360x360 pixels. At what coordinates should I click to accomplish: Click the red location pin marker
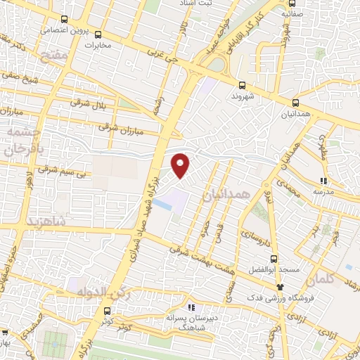pyautogui.click(x=181, y=165)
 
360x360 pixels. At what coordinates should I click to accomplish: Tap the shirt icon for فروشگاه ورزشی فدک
pyautogui.click(x=281, y=286)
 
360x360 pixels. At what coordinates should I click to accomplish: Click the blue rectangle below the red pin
pyautogui.click(x=162, y=205)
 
